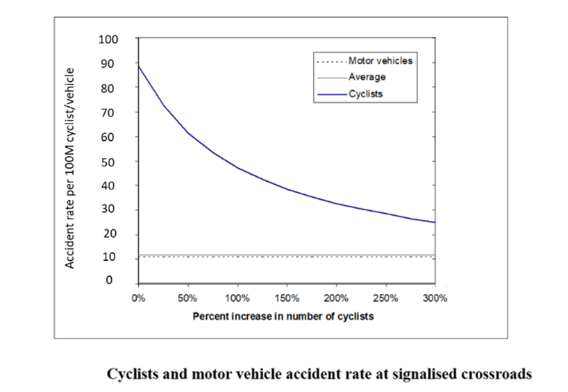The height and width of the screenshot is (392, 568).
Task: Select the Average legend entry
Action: pyautogui.click(x=367, y=77)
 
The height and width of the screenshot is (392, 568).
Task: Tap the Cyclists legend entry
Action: pyautogui.click(x=365, y=94)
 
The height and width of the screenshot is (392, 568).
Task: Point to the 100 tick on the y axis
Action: pyautogui.click(x=110, y=39)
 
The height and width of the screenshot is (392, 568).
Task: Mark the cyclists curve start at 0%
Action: pyautogui.click(x=139, y=65)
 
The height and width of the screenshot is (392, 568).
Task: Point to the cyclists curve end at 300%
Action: pyautogui.click(x=435, y=223)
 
